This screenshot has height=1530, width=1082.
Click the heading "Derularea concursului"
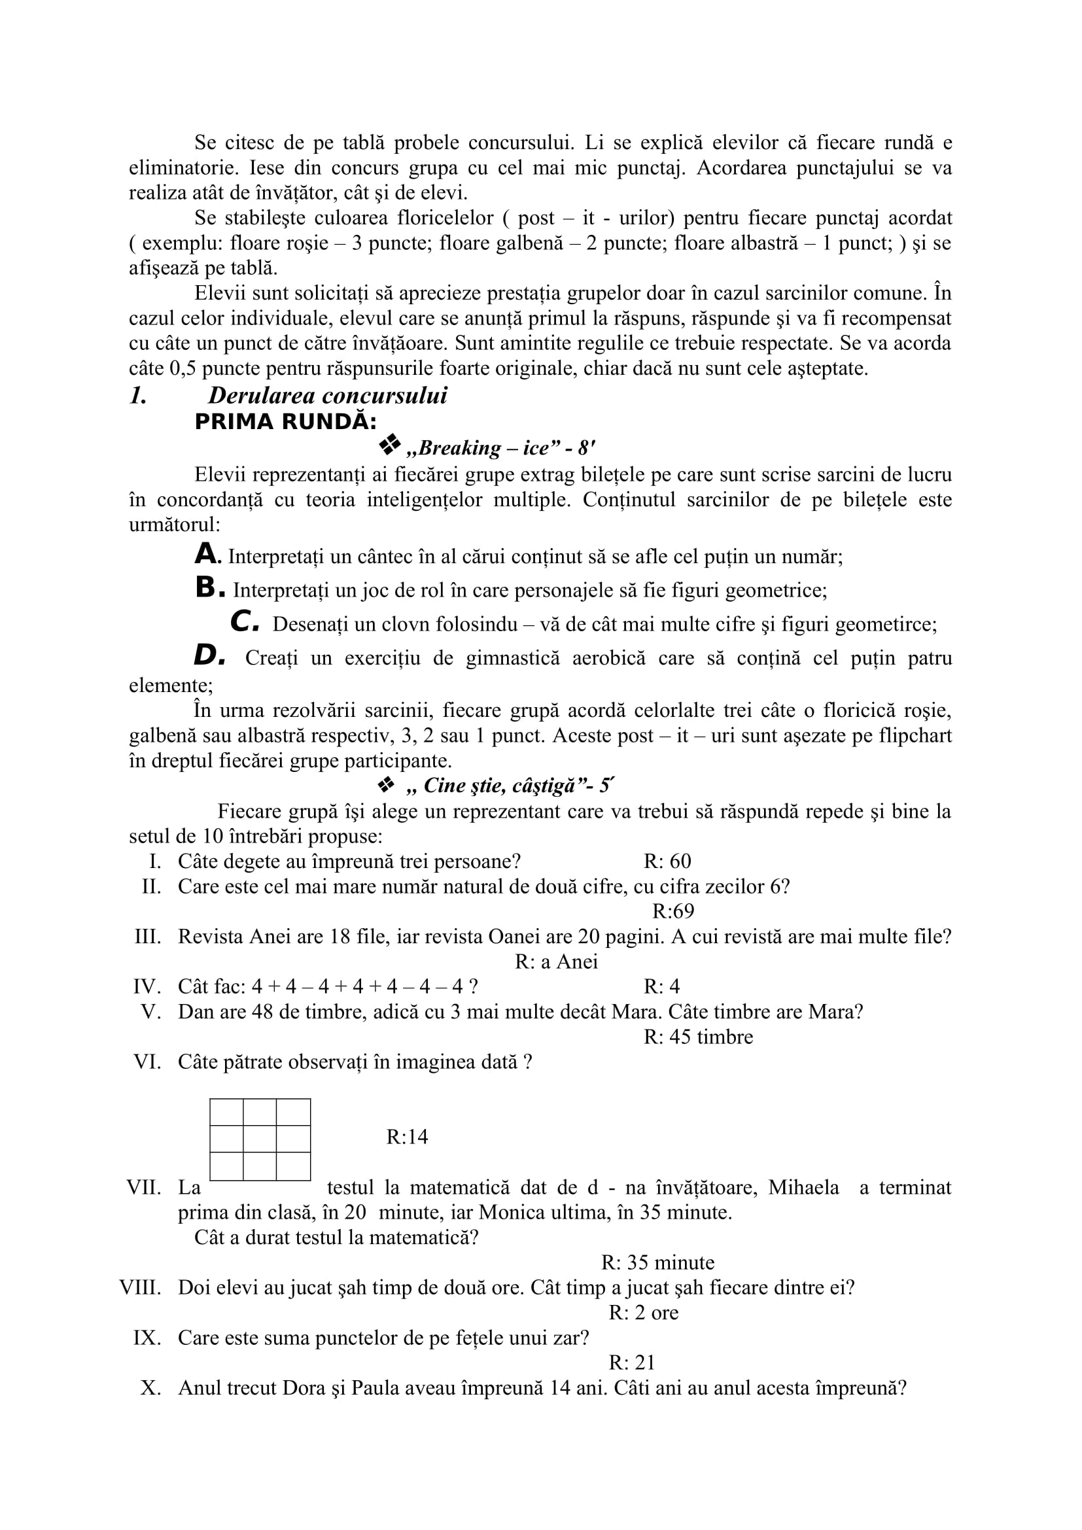click(327, 396)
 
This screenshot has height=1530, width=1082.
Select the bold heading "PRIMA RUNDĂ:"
click(285, 423)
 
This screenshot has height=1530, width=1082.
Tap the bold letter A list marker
click(207, 554)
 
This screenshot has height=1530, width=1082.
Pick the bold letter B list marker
click(207, 588)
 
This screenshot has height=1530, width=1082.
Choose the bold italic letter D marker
click(207, 655)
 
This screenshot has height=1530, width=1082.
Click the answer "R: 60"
click(667, 861)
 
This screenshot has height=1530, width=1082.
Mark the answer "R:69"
click(673, 911)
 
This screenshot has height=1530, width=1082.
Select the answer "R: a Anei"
click(556, 962)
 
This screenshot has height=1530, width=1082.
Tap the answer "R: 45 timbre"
click(698, 1037)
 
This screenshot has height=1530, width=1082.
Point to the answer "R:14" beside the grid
click(407, 1137)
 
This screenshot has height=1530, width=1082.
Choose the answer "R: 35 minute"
click(657, 1262)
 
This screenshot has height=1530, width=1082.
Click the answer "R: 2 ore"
click(644, 1313)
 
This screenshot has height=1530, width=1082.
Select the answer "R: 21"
click(633, 1363)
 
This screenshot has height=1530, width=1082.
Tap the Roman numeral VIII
click(140, 1287)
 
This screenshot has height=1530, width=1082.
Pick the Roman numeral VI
click(147, 1062)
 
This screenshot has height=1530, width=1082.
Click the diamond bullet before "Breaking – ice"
click(390, 445)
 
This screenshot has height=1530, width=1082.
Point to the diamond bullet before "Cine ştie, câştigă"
click(387, 786)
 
